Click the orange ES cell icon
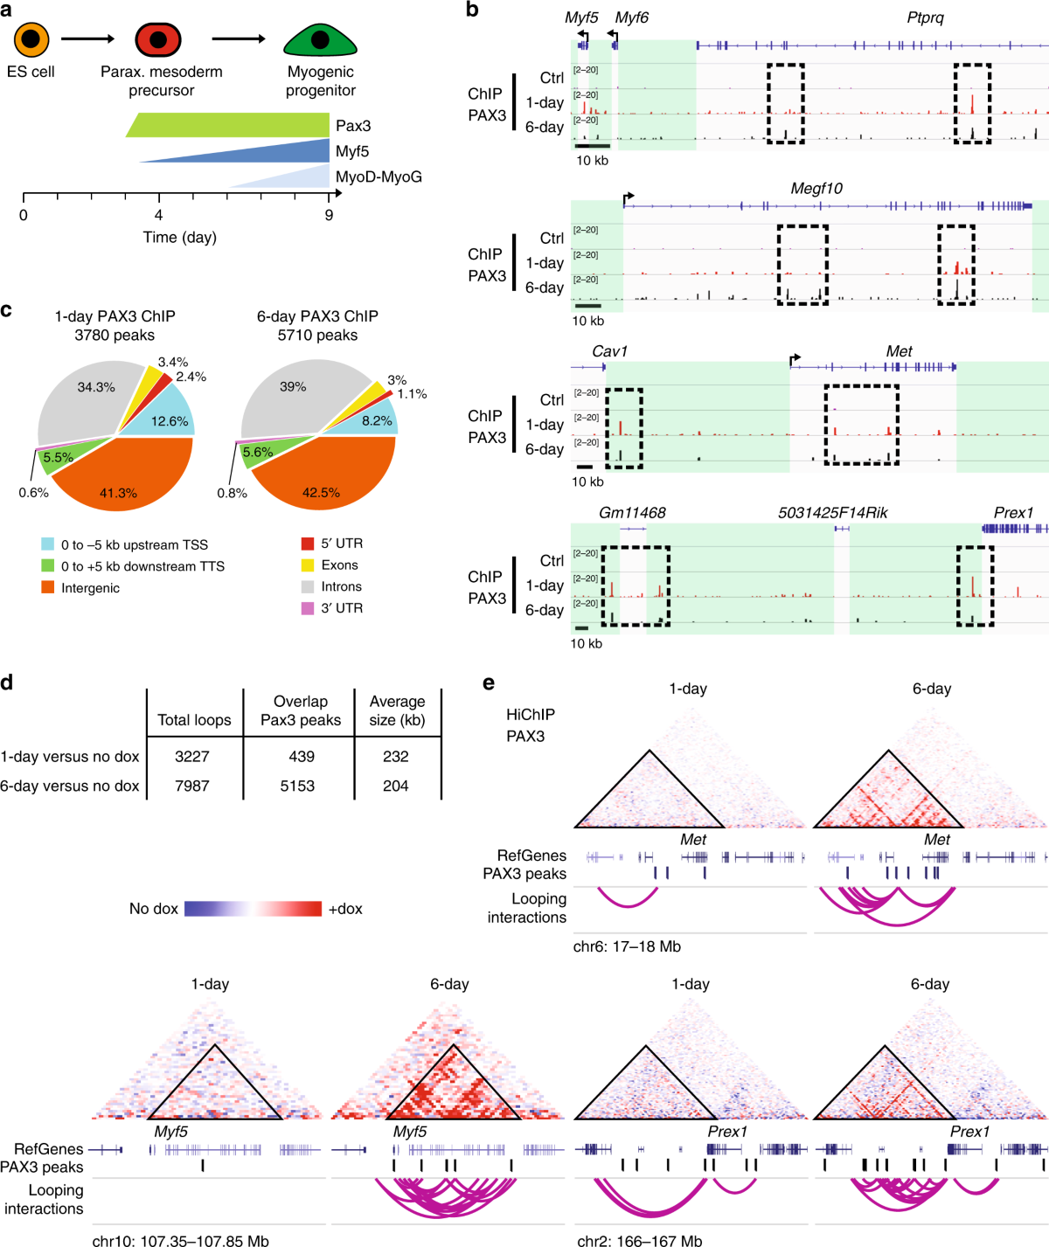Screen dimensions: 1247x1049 (31, 39)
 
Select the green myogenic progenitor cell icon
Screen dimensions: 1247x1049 (320, 40)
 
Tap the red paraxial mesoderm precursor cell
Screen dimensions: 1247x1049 (158, 39)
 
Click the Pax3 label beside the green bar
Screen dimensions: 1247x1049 (353, 126)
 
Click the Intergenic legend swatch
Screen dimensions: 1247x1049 (48, 588)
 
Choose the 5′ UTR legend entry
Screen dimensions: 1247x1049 (341, 544)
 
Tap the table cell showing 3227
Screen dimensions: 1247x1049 (192, 757)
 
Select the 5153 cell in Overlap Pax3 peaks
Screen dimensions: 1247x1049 (297, 786)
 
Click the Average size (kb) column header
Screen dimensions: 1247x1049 (397, 710)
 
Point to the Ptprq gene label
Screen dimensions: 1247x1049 (925, 17)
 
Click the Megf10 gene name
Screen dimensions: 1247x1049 (816, 189)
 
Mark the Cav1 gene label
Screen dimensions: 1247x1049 (609, 351)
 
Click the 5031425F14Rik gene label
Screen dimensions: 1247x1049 (832, 513)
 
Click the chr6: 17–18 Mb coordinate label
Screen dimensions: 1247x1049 (627, 946)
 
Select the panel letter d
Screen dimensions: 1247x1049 (7, 682)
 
